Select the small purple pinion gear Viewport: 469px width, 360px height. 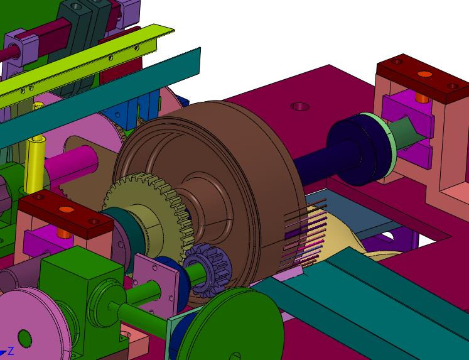point(208,270)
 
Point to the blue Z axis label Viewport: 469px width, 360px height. point(11,351)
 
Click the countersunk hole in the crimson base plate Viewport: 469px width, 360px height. point(300,106)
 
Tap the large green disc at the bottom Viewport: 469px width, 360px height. point(234,326)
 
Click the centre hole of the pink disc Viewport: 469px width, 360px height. point(24,339)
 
